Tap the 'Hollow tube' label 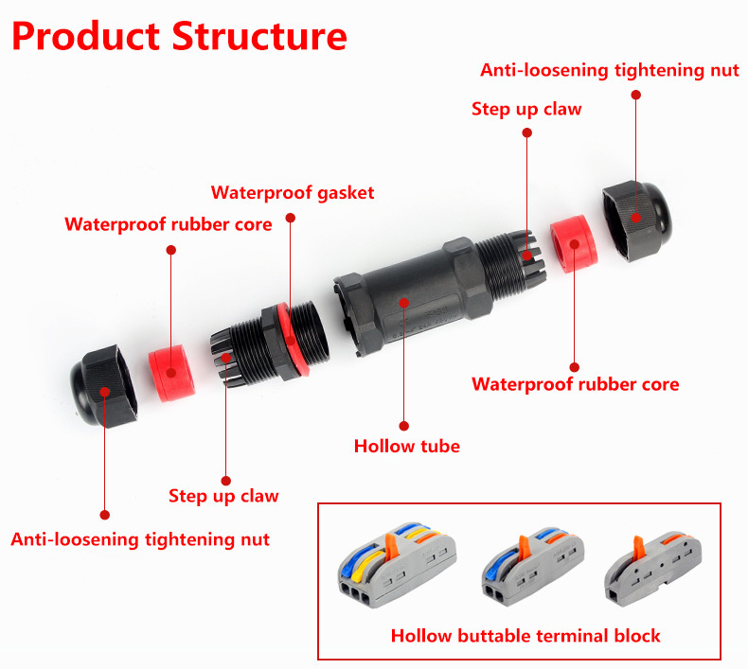coord(406,446)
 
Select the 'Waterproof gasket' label coord(293,193)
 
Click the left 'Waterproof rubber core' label coord(169,224)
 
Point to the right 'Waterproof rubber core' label coord(575,384)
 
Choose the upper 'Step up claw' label coord(526,109)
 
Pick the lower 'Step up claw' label coord(223,496)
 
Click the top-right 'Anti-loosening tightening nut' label coord(610,70)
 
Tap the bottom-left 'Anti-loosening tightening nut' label coord(140,539)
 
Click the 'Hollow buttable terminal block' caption coord(525,635)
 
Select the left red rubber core coord(171,372)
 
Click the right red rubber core coord(572,243)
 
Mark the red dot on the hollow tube coord(404,303)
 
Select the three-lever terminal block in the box coord(399,568)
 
